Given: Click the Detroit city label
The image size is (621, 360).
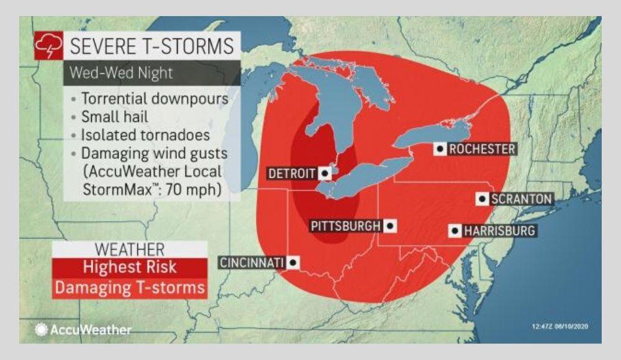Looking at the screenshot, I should (x=292, y=174).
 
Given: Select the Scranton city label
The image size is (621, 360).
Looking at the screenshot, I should (x=520, y=199).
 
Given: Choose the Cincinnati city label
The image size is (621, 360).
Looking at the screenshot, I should (x=252, y=263).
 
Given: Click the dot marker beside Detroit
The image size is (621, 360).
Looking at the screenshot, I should (x=325, y=174).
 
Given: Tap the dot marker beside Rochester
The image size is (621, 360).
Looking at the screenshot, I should (x=440, y=149).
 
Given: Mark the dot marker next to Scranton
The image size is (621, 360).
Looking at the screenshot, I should (x=482, y=199).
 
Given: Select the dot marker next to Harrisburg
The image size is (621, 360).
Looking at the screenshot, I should (x=455, y=231).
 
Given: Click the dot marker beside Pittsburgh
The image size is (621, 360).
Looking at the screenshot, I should (x=390, y=226).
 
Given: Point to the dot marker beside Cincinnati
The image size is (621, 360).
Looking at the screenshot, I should (x=292, y=263).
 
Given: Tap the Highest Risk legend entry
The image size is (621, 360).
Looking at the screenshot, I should (x=129, y=268).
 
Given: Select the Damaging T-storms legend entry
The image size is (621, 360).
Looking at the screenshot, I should (x=129, y=288).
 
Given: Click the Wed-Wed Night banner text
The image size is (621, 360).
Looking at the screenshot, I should (x=121, y=73).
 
